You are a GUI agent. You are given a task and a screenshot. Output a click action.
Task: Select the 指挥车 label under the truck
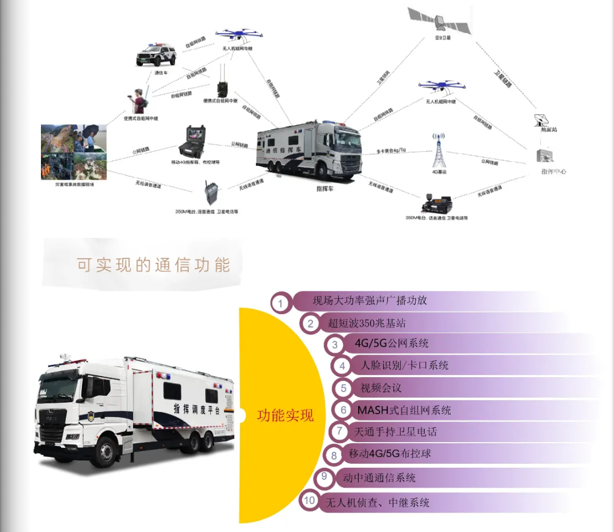(x=325, y=188)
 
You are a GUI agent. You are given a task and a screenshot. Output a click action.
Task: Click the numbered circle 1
(x=280, y=303)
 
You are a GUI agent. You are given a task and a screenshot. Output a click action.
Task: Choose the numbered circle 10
(x=309, y=501)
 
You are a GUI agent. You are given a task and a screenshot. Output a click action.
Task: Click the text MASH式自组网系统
(x=404, y=410)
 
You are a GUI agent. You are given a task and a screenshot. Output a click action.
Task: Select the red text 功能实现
(x=285, y=415)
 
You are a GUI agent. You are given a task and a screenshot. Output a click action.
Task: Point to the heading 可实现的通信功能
(x=153, y=265)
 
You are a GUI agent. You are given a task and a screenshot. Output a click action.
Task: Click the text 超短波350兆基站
(x=367, y=323)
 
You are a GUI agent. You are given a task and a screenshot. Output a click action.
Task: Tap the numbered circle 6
(x=343, y=410)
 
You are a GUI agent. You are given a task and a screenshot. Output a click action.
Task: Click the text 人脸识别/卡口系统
(x=405, y=365)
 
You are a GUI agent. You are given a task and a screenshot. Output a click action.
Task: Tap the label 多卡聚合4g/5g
(x=391, y=151)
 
